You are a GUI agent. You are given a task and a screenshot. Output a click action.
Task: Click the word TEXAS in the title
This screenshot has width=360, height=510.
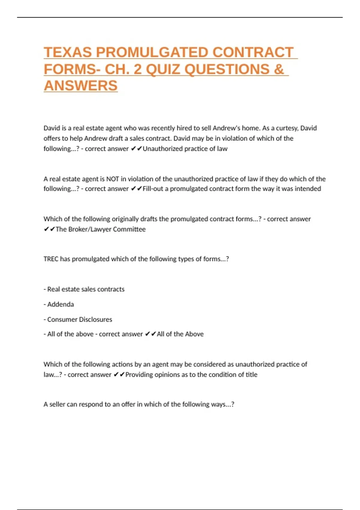68,52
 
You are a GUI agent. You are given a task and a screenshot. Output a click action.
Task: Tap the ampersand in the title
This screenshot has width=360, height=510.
279,69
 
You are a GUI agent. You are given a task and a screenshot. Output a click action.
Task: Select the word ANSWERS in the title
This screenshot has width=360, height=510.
81,86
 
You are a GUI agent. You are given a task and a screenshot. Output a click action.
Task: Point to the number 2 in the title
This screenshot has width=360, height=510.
138,69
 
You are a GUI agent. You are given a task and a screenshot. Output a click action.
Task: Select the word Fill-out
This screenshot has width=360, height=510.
153,189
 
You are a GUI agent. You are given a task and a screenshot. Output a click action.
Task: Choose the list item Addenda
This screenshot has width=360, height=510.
60,304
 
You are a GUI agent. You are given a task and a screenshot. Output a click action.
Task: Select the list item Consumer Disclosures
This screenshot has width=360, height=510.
79,319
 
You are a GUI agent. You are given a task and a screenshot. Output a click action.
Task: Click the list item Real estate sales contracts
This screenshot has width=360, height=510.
86,289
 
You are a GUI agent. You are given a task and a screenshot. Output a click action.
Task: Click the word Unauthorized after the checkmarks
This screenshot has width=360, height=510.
162,149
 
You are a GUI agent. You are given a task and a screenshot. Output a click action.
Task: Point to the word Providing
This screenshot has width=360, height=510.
139,375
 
